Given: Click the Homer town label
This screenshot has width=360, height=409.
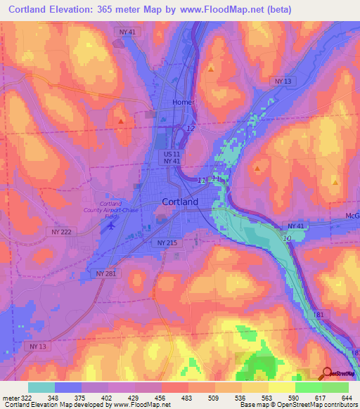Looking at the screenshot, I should tap(184, 102).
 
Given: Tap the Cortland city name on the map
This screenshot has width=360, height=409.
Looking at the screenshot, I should tap(179, 201).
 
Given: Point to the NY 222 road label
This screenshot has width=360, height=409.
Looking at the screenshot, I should tap(62, 231).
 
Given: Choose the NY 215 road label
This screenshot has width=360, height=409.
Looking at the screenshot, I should tap(164, 242).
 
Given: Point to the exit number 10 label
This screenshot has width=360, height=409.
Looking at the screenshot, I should tap(287, 240).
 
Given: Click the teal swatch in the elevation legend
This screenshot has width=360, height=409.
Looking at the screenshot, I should tap(41, 387).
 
